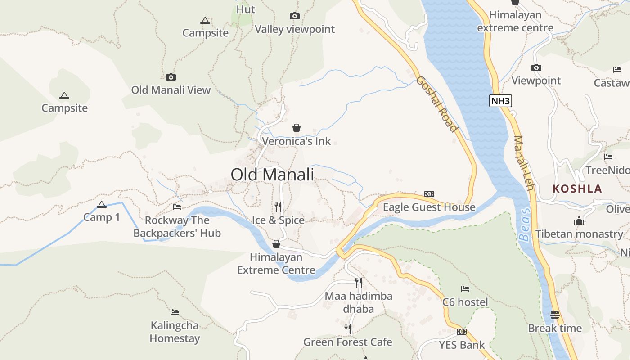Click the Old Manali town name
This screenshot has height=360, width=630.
pos(272,175)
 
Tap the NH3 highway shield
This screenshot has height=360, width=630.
pos(501,101)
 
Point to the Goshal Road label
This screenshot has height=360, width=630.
pos(437,104)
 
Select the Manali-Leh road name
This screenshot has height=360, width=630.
pos(524,162)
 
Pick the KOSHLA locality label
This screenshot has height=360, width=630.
pos(577,189)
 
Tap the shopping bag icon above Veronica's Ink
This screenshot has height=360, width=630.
pos(296,128)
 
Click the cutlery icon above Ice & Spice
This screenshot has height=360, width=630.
pos(278,207)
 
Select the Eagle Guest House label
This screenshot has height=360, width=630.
pos(429,207)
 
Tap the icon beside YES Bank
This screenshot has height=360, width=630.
pos(461,332)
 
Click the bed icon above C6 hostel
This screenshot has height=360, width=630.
pos(465,288)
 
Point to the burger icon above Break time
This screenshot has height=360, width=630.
pos(555,315)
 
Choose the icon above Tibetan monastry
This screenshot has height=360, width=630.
pos(579,220)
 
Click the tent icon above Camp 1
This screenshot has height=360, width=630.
pos(102,204)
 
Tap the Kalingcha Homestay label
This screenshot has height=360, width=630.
pos(175,332)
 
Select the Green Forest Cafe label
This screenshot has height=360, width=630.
pos(347,342)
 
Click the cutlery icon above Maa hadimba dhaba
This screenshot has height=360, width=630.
pos(358,282)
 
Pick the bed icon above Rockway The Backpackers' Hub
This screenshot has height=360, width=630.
pos(177,207)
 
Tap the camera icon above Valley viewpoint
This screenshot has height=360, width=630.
pos(295,16)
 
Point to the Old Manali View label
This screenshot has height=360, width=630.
pos(171,90)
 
